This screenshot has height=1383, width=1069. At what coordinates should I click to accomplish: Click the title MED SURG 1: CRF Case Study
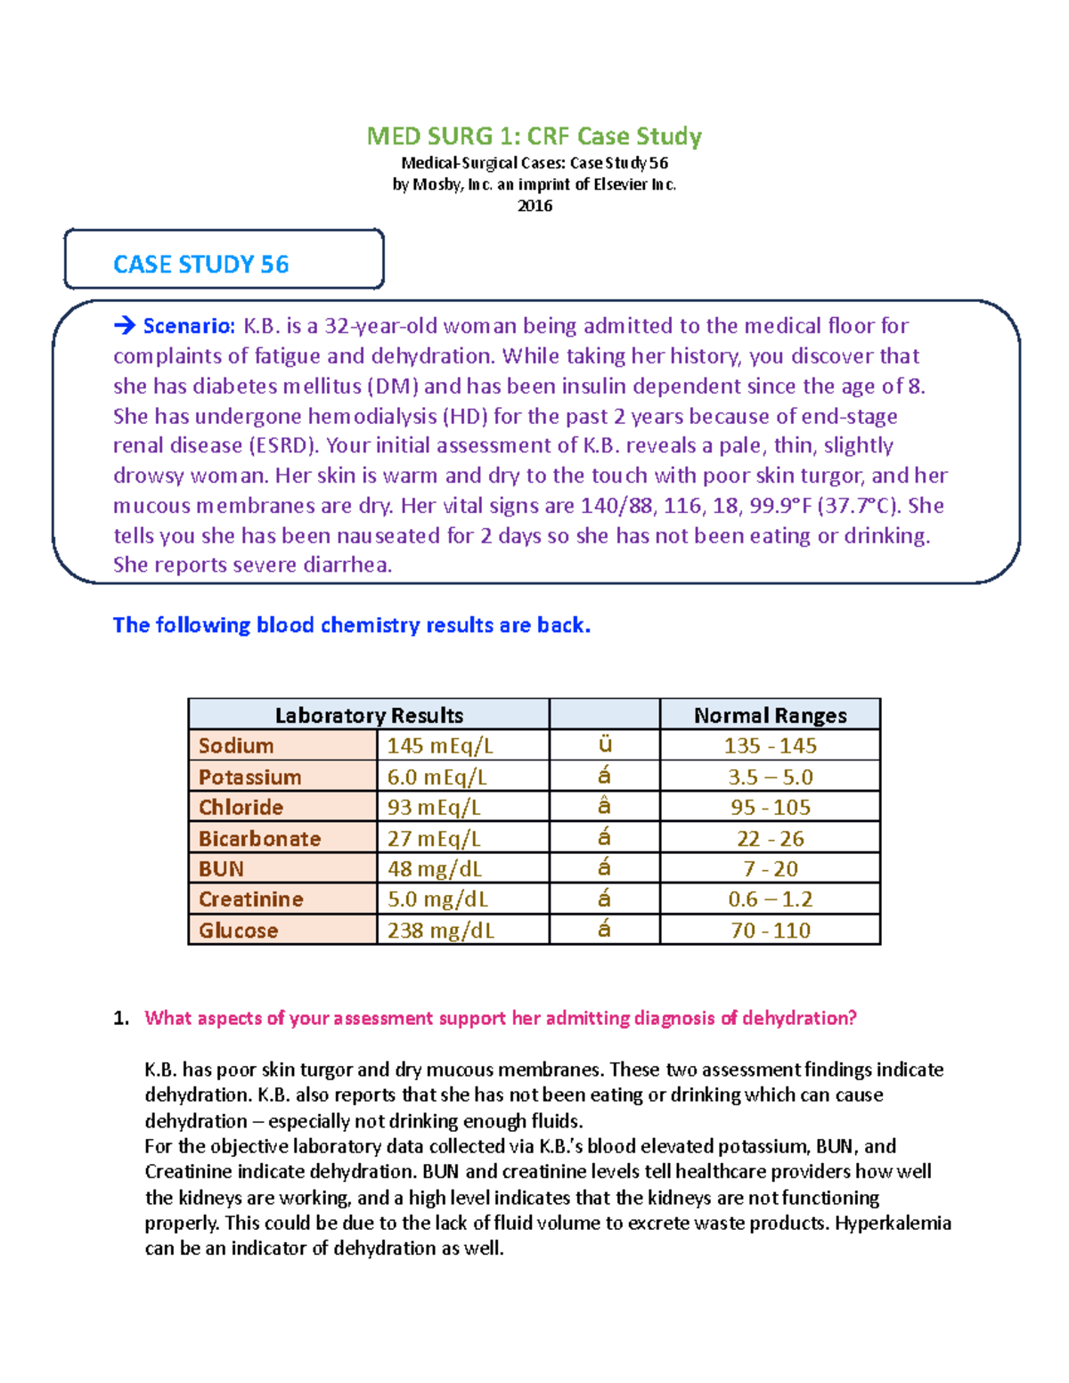(534, 136)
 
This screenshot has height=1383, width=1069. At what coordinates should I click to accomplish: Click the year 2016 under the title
(534, 206)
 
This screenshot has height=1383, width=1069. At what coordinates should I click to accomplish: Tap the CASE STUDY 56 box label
(201, 264)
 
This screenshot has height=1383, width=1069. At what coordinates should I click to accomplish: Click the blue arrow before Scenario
(124, 326)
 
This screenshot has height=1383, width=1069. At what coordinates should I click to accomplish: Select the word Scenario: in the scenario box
(189, 326)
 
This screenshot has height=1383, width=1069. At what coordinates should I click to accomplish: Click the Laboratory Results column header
(369, 715)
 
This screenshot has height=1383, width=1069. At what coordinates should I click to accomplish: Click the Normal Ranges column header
(770, 715)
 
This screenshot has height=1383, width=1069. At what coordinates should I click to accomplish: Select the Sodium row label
(236, 745)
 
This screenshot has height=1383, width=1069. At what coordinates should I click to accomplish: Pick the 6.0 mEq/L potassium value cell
(437, 777)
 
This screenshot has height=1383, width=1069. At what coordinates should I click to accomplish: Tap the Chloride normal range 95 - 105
(770, 808)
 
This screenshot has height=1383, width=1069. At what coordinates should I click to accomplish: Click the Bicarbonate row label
(259, 838)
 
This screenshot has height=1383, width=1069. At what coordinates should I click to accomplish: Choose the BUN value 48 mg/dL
(434, 868)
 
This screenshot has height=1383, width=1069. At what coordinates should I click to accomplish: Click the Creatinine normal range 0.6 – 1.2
(770, 899)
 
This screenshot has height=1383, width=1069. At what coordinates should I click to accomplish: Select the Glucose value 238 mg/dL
(440, 931)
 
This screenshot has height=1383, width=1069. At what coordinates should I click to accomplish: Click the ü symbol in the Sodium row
(604, 744)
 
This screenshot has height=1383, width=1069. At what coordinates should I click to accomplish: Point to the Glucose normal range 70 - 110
(770, 931)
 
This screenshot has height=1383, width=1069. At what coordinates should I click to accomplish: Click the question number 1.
(121, 1018)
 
